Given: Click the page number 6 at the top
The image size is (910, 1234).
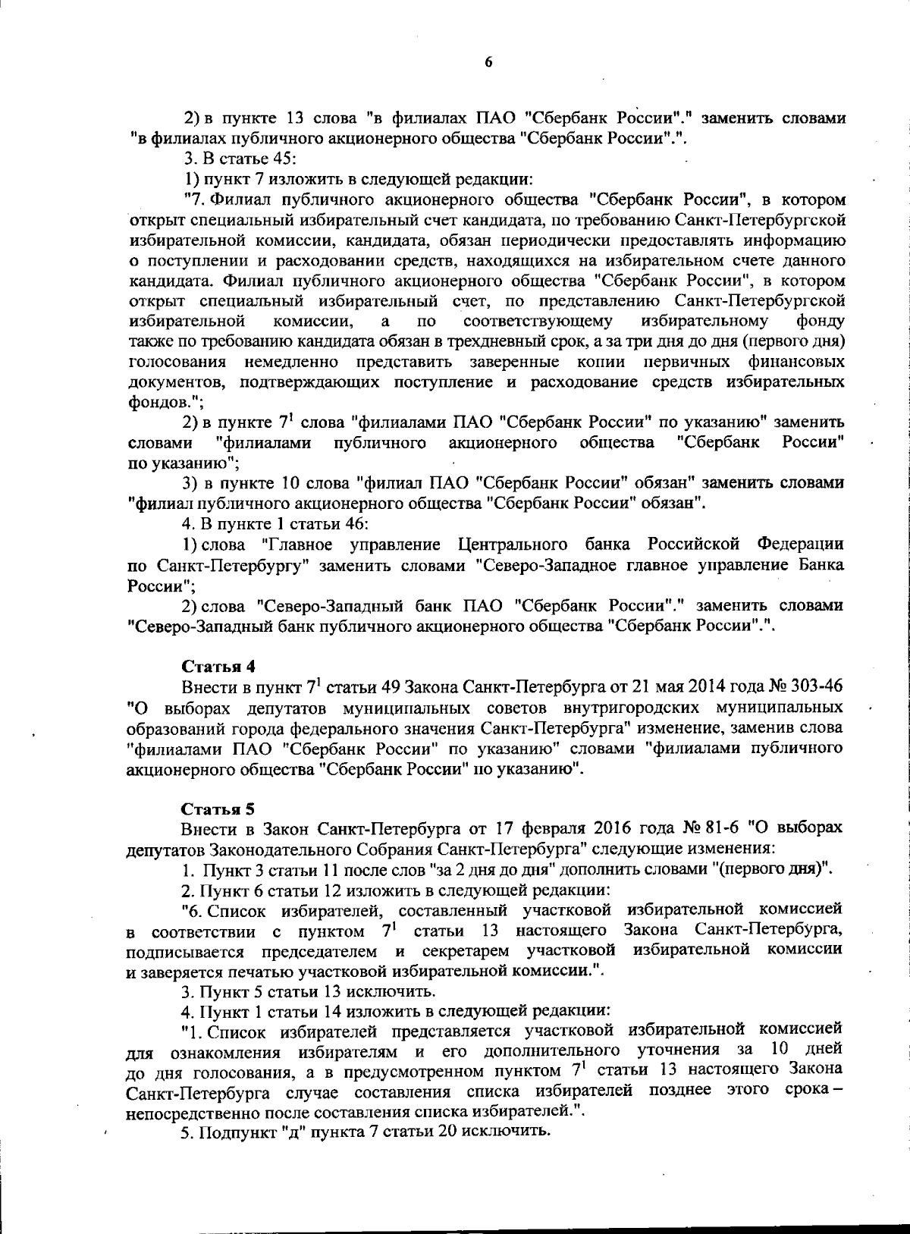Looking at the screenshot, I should coord(488,62).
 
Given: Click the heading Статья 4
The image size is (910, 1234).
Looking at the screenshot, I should coord(218,666).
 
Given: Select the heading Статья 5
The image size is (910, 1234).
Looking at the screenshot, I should coord(218,808).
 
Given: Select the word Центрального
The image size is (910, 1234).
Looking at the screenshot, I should coord(513,545).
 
